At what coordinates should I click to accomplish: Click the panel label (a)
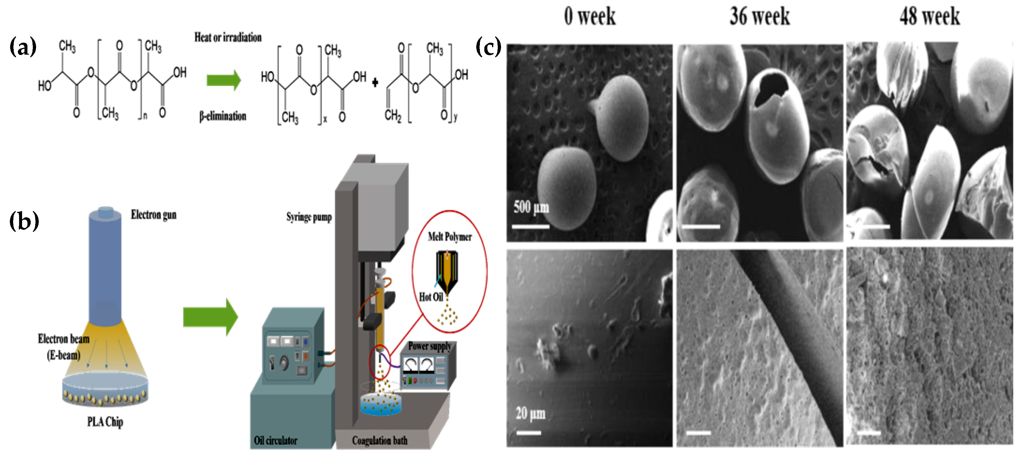pyautogui.click(x=23, y=47)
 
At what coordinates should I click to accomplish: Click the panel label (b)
pyautogui.click(x=24, y=221)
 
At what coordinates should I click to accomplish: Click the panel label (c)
pyautogui.click(x=488, y=47)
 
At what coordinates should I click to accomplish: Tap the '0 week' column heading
pyautogui.click(x=589, y=16)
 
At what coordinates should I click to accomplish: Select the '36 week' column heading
pyautogui.click(x=759, y=16)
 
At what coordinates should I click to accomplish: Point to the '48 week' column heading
pyautogui.click(x=929, y=16)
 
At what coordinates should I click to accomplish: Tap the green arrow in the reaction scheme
pyautogui.click(x=223, y=80)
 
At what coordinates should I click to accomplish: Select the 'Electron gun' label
pyautogui.click(x=154, y=215)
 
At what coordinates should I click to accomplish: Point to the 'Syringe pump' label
pyautogui.click(x=309, y=217)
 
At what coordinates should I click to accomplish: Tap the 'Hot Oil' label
pyautogui.click(x=431, y=297)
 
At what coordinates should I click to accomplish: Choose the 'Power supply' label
pyautogui.click(x=429, y=346)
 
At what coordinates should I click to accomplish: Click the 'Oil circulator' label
pyautogui.click(x=275, y=440)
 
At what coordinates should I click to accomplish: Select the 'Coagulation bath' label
pyautogui.click(x=380, y=440)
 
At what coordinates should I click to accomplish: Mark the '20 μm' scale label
pyautogui.click(x=530, y=413)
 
